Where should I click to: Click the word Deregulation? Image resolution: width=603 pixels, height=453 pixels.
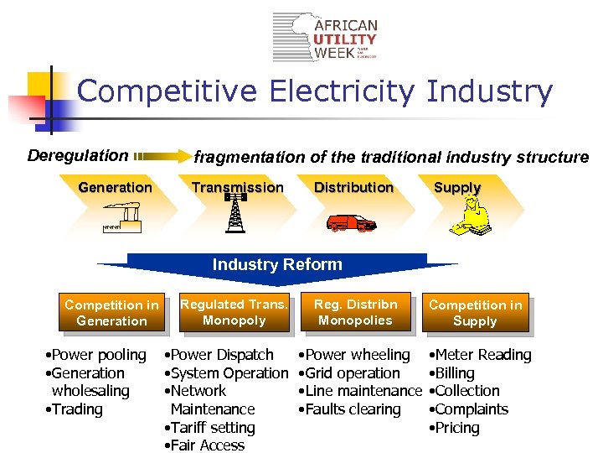pos(78,155)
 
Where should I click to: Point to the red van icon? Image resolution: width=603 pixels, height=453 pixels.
pos(351,223)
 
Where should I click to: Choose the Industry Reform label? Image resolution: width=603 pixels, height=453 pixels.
pos(277,265)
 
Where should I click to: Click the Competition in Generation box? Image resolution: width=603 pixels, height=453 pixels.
pos(111,313)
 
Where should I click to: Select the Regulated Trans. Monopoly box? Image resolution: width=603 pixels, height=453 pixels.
pos(234,312)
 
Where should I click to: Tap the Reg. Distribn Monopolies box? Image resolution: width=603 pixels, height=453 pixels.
pos(355,311)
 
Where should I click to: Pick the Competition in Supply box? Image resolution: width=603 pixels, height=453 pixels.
pos(475,313)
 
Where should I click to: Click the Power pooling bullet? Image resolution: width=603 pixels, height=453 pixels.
pos(96,355)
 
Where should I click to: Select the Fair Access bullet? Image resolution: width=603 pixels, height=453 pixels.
pos(206,445)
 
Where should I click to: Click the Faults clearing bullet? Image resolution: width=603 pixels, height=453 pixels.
pos(351,409)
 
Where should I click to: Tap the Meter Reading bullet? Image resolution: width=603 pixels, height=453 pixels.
pos(481,355)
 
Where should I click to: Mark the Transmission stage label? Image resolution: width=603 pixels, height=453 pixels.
pos(237,187)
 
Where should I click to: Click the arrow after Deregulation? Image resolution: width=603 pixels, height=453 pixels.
pos(162,155)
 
